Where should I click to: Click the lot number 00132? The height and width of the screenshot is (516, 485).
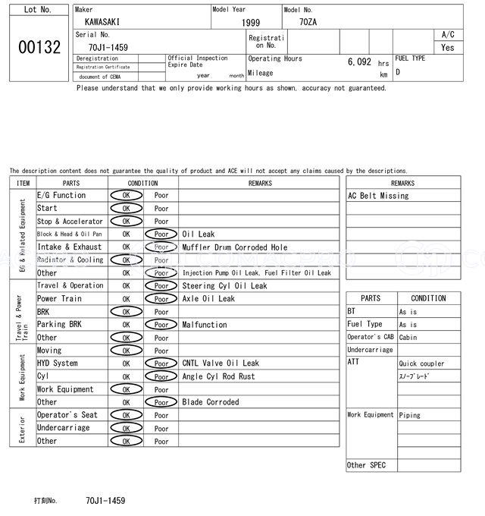click(x=39, y=47)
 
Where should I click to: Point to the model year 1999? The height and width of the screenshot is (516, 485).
click(x=250, y=23)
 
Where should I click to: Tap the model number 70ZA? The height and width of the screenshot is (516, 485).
click(x=308, y=22)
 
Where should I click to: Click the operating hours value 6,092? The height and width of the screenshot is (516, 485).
click(x=359, y=62)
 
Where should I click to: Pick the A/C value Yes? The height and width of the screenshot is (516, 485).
click(x=448, y=47)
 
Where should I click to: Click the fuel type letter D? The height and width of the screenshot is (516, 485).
click(x=398, y=72)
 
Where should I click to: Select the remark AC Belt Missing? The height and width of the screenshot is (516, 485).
click(x=378, y=196)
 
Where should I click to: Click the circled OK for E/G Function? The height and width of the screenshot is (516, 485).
click(x=127, y=196)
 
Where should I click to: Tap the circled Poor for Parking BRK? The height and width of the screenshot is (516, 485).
click(x=161, y=325)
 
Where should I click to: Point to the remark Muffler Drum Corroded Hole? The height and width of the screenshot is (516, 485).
click(x=235, y=247)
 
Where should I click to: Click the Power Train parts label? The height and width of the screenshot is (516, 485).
click(x=60, y=299)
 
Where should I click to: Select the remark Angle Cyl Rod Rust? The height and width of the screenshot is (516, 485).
click(x=219, y=376)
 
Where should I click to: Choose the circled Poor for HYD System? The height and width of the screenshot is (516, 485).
click(x=161, y=363)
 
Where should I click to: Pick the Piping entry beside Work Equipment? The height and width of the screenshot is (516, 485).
click(x=410, y=415)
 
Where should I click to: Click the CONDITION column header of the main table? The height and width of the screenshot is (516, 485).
click(x=142, y=183)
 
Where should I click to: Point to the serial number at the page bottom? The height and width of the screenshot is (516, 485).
click(x=105, y=501)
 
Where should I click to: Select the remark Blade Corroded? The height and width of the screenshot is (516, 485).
click(x=211, y=402)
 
